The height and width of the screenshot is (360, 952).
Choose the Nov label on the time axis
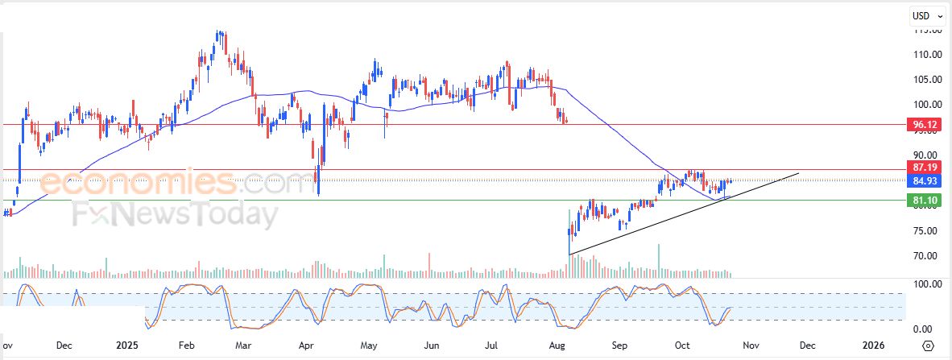click(x=751, y=346)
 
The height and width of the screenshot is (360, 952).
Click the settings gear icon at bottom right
click(x=929, y=346)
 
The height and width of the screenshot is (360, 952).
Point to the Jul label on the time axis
click(x=495, y=346)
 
